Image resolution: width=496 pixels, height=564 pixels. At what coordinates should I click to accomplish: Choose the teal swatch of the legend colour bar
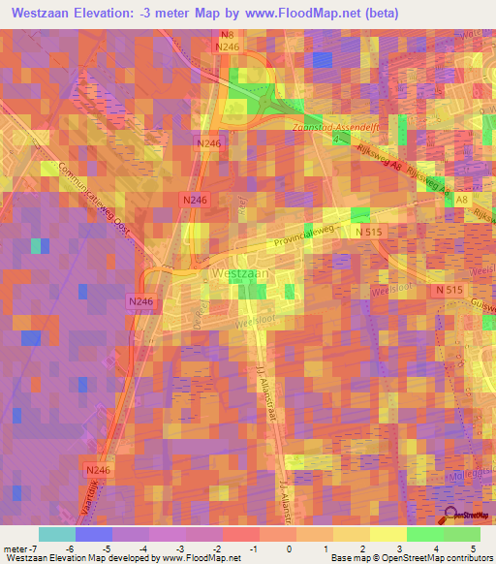pyautogui.click(x=56, y=534)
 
